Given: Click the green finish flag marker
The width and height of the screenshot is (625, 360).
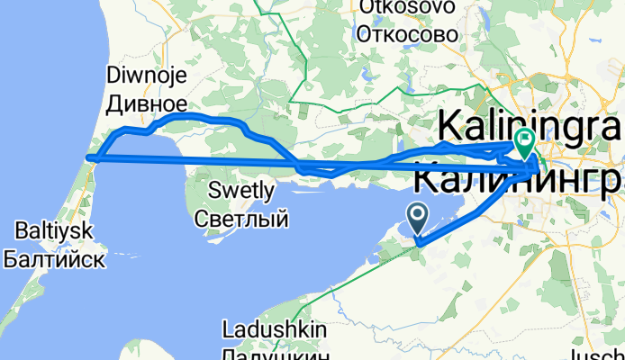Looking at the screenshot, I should click(x=524, y=139).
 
